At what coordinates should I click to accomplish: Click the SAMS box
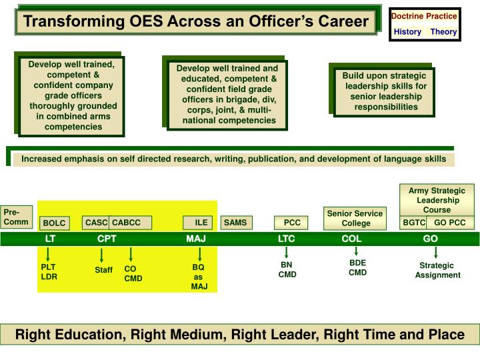(235, 223)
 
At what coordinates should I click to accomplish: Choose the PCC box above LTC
(292, 223)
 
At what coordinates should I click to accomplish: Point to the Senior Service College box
(355, 218)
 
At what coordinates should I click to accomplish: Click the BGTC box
(414, 223)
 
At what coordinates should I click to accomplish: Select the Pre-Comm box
(16, 217)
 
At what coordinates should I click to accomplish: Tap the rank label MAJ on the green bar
(196, 239)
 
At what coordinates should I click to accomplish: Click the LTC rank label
(286, 239)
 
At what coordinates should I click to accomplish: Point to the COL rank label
(351, 239)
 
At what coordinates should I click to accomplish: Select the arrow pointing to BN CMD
(287, 253)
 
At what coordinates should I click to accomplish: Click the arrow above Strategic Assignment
(436, 253)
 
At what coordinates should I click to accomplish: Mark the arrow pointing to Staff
(101, 255)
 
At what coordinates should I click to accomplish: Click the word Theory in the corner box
(443, 31)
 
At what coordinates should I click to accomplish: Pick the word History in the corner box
(407, 31)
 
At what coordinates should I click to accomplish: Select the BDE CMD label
(357, 267)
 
